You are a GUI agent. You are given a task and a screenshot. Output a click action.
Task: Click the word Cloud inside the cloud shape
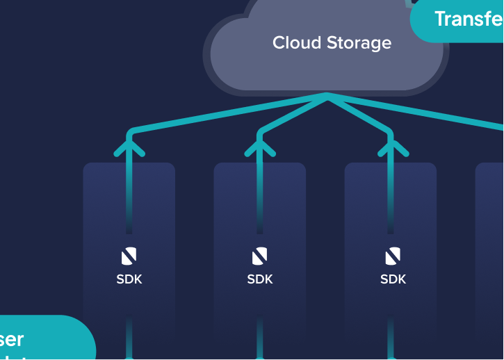click(x=291, y=43)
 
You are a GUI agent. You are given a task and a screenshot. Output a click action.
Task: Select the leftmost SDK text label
click(x=129, y=279)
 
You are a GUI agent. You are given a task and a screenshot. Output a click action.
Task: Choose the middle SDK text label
click(x=260, y=279)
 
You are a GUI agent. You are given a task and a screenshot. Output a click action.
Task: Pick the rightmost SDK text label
click(x=393, y=279)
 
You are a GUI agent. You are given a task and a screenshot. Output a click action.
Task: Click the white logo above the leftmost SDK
click(x=129, y=256)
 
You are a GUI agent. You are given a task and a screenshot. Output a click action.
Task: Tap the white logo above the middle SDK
click(x=260, y=256)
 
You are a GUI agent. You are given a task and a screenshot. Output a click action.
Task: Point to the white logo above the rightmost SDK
click(x=393, y=256)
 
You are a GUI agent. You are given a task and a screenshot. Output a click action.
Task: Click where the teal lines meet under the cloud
click(x=327, y=96)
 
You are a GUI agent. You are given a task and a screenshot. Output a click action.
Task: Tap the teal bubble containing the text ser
click(x=42, y=339)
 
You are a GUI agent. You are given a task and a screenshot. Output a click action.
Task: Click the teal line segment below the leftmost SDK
click(x=129, y=341)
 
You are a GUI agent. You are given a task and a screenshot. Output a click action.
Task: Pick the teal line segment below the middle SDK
click(x=260, y=341)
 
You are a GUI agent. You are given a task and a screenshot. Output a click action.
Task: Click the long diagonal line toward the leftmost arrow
click(x=229, y=113)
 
